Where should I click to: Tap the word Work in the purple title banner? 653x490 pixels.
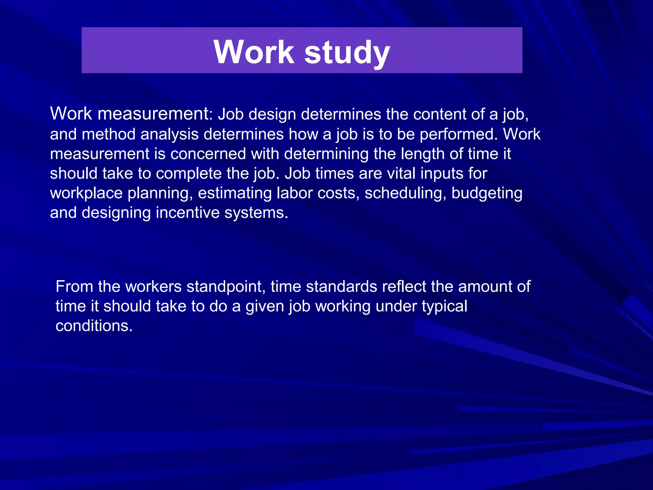tap(254, 52)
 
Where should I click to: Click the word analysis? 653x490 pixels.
tap(170, 134)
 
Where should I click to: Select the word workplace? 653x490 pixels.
tap(86, 193)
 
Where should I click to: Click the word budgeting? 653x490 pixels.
tap(487, 193)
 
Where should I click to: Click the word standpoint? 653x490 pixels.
tap(226, 286)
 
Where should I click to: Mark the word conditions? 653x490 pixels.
tap(94, 326)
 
